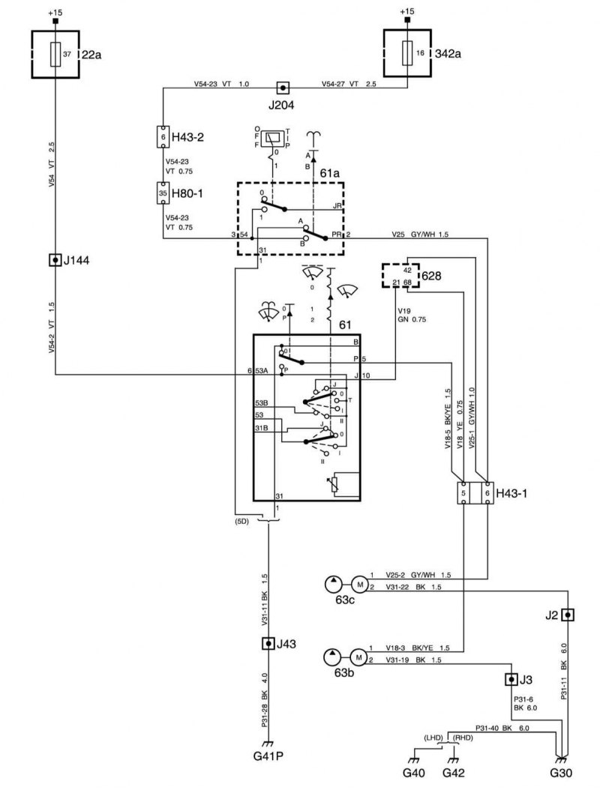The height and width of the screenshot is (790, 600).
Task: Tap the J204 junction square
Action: [283, 88]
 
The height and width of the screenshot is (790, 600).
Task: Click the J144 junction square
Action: [55, 261]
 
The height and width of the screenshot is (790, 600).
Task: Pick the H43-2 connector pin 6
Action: [163, 136]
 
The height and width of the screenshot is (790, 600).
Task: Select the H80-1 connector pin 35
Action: [163, 193]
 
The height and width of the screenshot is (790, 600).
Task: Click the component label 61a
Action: [330, 173]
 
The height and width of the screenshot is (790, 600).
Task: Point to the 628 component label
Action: [431, 276]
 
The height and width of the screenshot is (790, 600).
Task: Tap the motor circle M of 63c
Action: [360, 585]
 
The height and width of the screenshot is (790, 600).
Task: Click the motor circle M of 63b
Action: [359, 657]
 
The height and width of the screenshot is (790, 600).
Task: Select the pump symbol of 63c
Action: [333, 585]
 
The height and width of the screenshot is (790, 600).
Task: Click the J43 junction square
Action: [268, 643]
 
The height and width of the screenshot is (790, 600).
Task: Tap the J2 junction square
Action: [568, 615]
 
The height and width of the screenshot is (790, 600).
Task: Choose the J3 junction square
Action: [511, 680]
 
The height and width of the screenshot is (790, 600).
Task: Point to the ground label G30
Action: [561, 773]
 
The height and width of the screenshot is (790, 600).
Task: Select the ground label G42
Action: [453, 773]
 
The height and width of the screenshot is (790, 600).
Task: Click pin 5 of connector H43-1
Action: [463, 492]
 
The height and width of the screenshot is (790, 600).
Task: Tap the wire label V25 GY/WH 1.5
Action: [420, 235]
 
